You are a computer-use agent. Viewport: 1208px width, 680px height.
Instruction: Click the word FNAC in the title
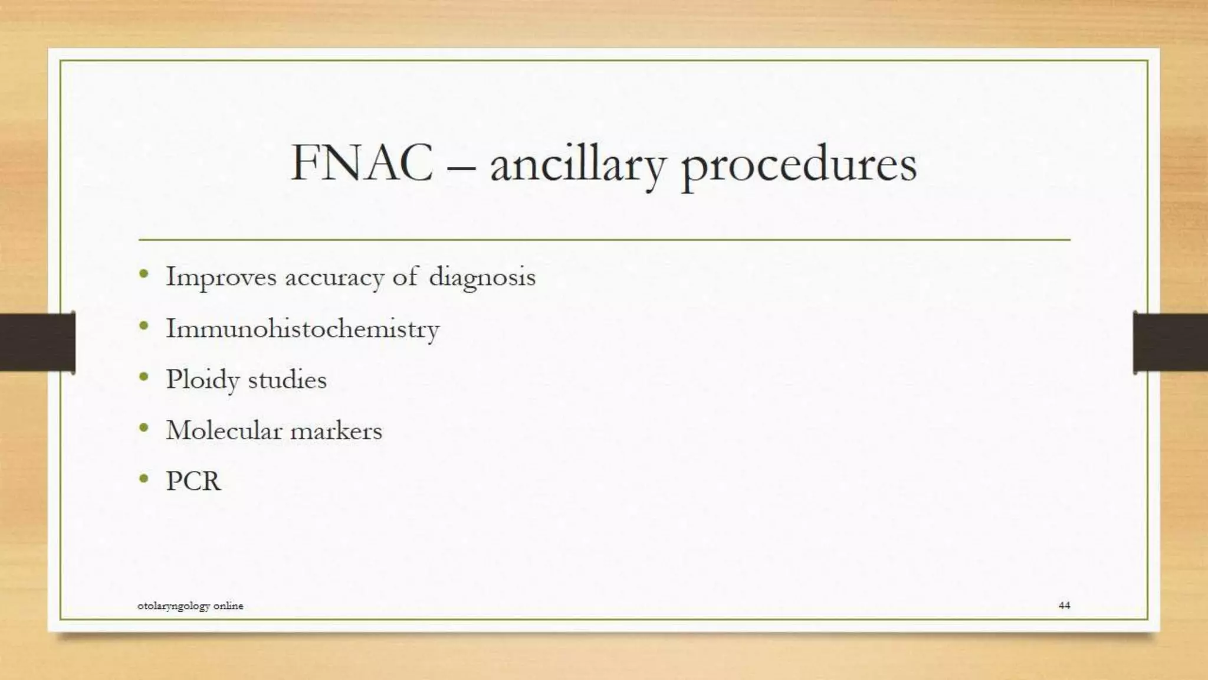[362, 163]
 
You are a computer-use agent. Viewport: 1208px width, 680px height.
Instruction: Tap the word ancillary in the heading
[577, 165]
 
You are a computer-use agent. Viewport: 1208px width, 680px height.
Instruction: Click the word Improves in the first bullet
[221, 277]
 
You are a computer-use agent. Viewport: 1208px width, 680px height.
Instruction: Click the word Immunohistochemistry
[303, 329]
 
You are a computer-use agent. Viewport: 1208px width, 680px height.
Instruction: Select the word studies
[287, 380]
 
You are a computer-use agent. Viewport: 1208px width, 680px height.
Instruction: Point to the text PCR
[193, 481]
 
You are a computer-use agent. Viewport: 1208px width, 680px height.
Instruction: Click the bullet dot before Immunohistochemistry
[144, 326]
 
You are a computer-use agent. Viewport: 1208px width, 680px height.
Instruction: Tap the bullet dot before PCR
[144, 479]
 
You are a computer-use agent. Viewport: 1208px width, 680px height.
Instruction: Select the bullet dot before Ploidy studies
[144, 377]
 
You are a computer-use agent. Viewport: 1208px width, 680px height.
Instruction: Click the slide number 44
[1064, 605]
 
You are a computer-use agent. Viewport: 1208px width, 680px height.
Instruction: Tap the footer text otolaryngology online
[190, 606]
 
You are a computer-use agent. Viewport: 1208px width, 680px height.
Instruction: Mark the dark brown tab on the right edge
[1170, 342]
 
